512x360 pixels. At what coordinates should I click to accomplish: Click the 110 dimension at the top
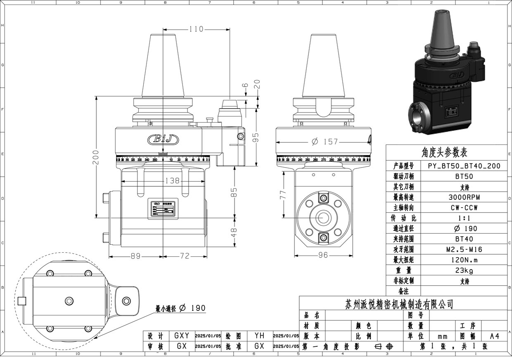click(x=196, y=29)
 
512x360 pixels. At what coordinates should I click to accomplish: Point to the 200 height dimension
click(x=95, y=157)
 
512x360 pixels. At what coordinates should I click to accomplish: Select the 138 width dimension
click(x=172, y=180)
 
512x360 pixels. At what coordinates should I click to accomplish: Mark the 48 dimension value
click(x=234, y=232)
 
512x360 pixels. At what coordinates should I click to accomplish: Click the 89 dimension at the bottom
click(x=135, y=256)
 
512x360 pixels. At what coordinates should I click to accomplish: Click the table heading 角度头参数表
click(x=444, y=153)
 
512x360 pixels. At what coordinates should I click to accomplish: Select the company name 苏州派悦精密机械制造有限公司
click(x=399, y=305)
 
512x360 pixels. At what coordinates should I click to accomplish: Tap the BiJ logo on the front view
click(x=163, y=140)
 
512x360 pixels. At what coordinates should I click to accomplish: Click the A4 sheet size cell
click(x=494, y=336)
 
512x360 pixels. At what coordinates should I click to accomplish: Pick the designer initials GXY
click(x=182, y=336)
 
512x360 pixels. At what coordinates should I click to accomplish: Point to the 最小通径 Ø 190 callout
click(x=180, y=308)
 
